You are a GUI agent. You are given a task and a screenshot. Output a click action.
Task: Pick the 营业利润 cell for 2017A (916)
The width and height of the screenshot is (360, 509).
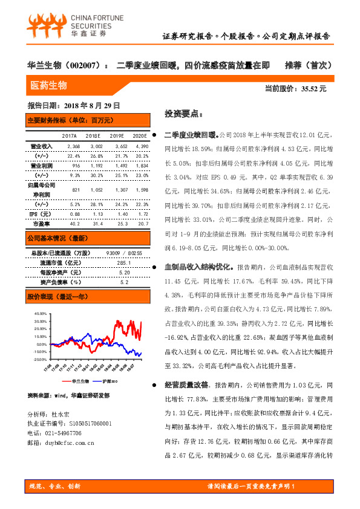tap(76, 165)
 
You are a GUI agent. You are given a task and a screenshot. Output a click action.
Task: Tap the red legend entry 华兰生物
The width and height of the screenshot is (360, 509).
tap(80, 381)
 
